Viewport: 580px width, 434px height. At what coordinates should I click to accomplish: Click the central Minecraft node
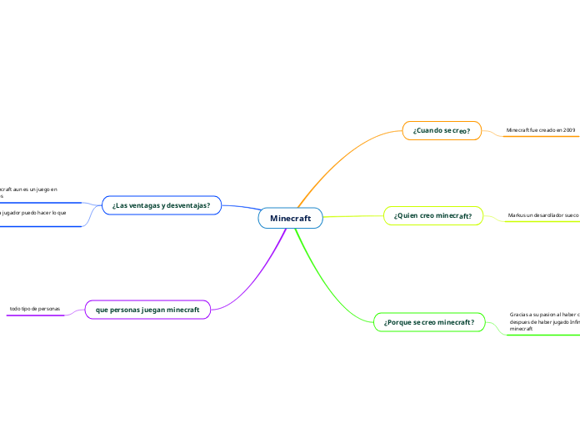click(290, 218)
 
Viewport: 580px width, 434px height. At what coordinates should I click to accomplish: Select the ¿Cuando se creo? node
click(442, 130)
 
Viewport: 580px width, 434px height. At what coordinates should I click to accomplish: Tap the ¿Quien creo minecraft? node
click(432, 215)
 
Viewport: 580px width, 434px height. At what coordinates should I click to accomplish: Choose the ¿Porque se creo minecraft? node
click(429, 322)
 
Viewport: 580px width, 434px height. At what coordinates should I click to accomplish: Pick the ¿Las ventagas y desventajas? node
click(161, 204)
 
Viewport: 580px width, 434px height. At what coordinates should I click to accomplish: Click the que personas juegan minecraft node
click(147, 310)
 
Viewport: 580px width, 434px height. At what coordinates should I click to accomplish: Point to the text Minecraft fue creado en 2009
click(541, 131)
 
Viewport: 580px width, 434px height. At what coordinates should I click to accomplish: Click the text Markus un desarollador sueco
click(542, 215)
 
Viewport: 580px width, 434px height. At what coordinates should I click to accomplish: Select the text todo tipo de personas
click(34, 309)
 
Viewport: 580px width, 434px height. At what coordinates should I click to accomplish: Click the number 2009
click(568, 131)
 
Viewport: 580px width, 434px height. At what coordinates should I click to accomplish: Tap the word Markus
click(517, 215)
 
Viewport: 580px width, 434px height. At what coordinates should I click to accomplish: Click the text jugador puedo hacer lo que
click(33, 214)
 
